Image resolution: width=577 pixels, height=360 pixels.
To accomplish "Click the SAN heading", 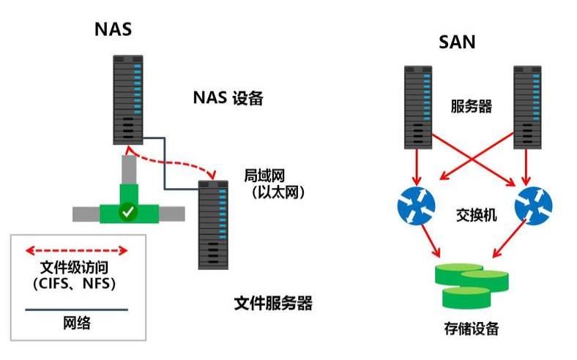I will coord(458,41).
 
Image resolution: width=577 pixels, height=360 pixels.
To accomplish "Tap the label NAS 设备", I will coord(227,98).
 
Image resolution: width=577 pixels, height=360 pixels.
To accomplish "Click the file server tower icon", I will coord(214,225).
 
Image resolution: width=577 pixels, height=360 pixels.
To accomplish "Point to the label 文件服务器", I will coord(273,303).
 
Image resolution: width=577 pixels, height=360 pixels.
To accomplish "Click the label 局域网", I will coord(264,176).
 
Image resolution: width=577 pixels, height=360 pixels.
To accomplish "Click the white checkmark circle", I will coord(128,212).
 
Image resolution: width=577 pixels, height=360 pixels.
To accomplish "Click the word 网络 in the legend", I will coord(76,322).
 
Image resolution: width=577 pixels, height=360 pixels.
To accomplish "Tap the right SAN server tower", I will coord(526,105).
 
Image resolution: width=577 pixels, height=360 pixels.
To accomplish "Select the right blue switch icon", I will coord(532,204).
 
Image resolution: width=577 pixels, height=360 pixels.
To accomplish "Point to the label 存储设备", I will coord(471,329).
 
